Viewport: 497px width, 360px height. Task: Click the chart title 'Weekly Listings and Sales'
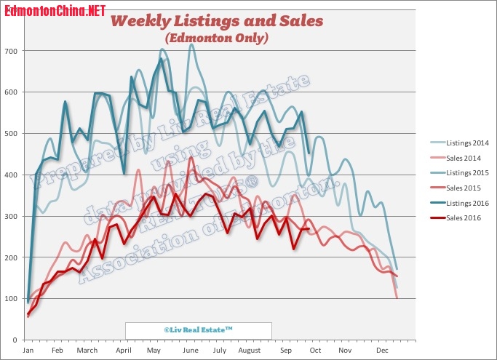[x=216, y=21]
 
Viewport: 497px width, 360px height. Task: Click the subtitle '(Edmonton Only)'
[x=216, y=37]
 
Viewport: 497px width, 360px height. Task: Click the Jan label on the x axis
[x=28, y=351]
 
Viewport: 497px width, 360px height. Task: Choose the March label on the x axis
[x=87, y=351]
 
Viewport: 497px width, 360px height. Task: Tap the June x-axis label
[x=191, y=351]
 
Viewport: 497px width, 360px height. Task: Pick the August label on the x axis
[x=250, y=351]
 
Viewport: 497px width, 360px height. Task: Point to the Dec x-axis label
[x=382, y=351]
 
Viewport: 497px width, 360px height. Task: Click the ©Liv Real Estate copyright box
[x=198, y=329]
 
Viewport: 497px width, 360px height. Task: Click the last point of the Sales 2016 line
[x=309, y=229]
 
